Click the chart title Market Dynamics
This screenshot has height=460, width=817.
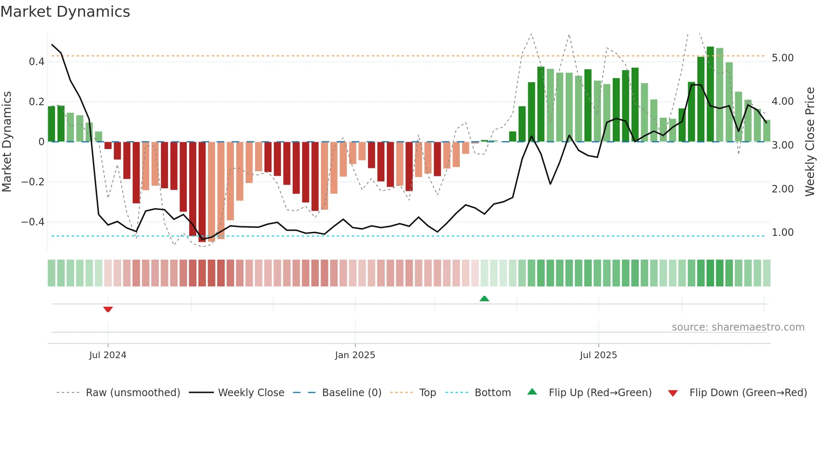tap(65, 12)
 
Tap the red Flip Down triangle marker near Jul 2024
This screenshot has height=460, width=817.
tap(108, 309)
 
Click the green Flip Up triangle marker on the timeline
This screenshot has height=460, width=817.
tap(484, 298)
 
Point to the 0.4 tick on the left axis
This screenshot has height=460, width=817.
tap(37, 62)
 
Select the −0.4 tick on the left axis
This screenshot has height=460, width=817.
tap(33, 222)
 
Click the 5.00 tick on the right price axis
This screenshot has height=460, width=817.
tap(782, 58)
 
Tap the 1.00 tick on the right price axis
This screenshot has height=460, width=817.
tap(782, 233)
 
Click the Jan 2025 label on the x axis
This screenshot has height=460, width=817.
tap(355, 355)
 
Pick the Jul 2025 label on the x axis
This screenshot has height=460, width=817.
tap(598, 355)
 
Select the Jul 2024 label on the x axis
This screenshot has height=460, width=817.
tap(108, 355)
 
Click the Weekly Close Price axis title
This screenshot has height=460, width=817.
tap(809, 142)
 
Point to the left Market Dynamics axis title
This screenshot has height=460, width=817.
tap(7, 142)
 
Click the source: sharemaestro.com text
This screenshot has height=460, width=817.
tap(738, 327)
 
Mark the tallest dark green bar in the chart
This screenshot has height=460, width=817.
tap(710, 94)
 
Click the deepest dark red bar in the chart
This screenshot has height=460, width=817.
tap(202, 192)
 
